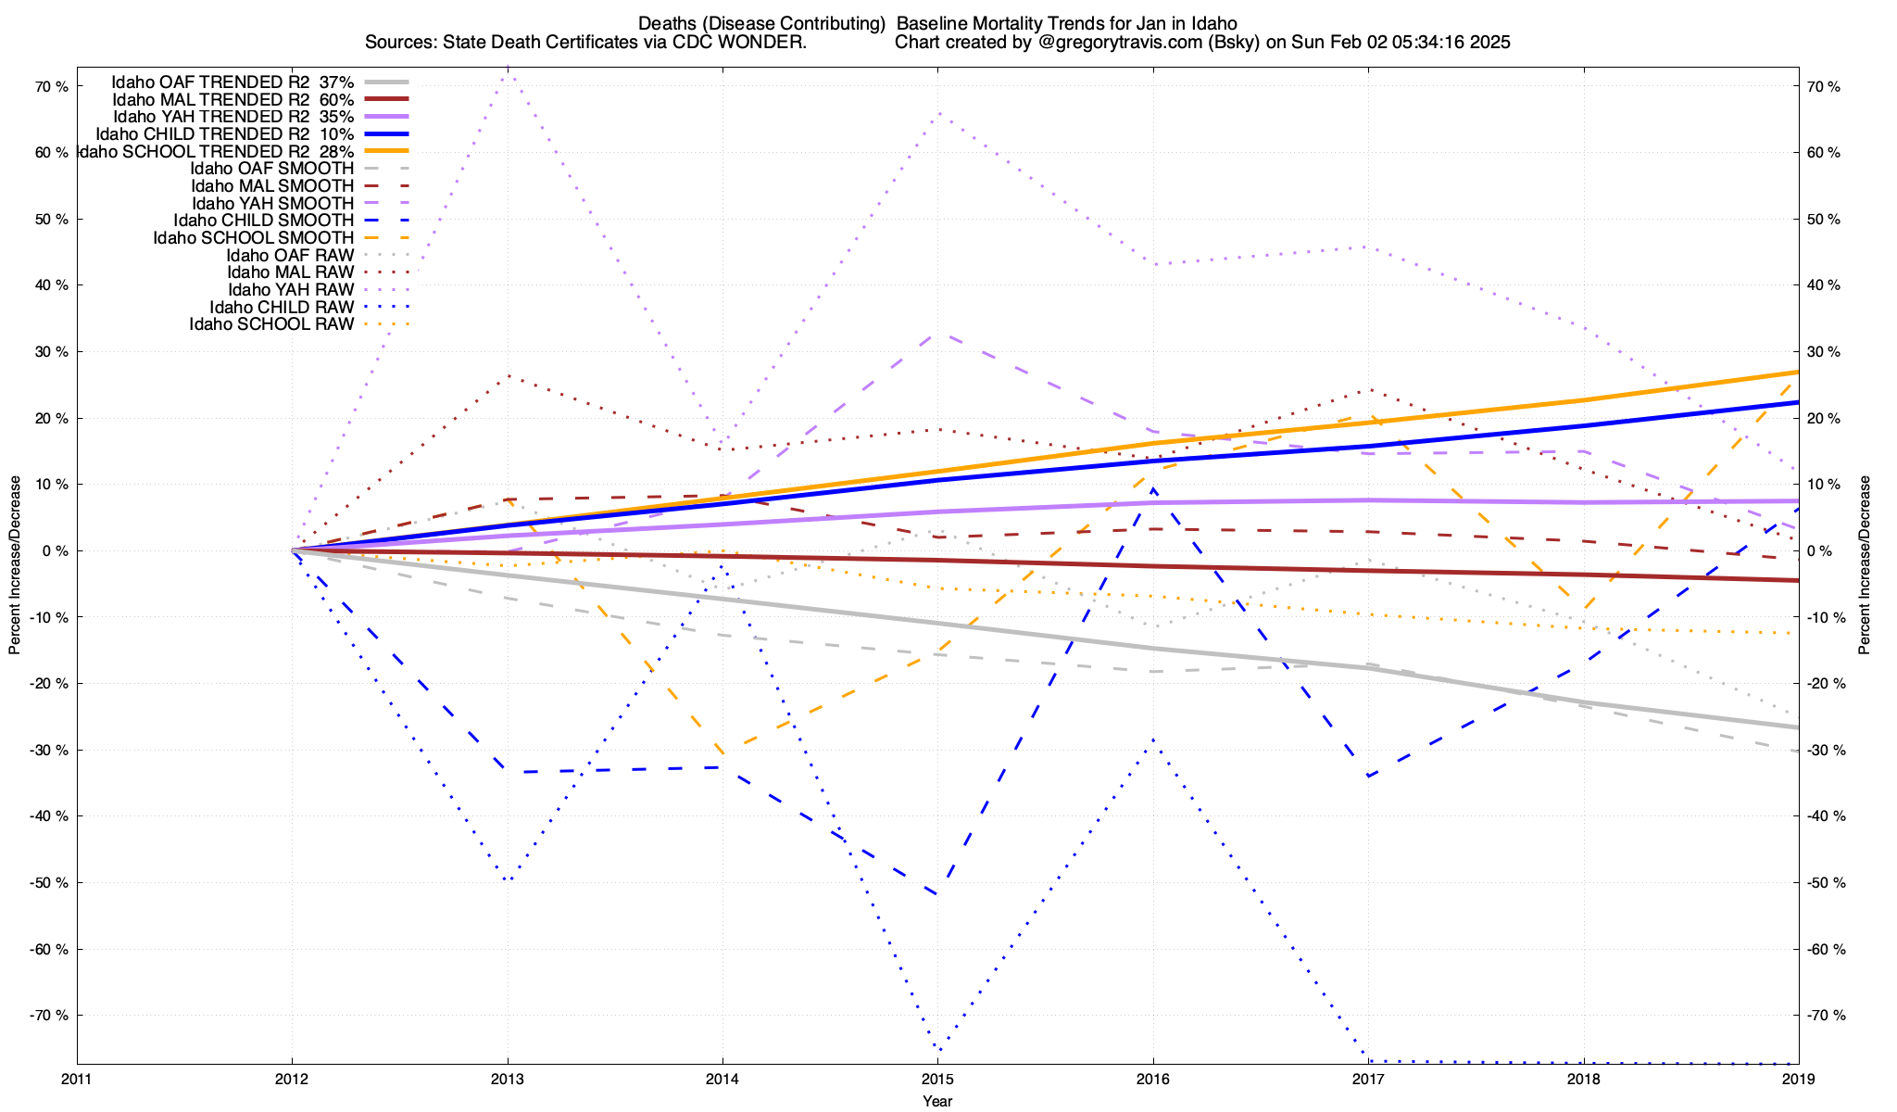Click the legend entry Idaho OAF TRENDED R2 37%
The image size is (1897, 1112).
pyautogui.click(x=232, y=82)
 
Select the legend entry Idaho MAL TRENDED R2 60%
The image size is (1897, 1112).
pyautogui.click(x=232, y=100)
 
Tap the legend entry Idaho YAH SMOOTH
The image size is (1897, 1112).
pyautogui.click(x=272, y=204)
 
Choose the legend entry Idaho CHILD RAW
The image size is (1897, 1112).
pyautogui.click(x=282, y=308)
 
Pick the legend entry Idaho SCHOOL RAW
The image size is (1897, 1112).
pyautogui.click(x=271, y=324)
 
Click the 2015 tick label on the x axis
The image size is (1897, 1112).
pyautogui.click(x=937, y=1080)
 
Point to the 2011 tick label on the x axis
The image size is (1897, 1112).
pyautogui.click(x=77, y=1080)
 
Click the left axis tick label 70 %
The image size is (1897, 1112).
pyautogui.click(x=52, y=87)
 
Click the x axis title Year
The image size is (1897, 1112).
pyautogui.click(x=937, y=1101)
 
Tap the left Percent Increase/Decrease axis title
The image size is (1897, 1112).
pyautogui.click(x=15, y=565)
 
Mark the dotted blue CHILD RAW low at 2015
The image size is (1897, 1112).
pyautogui.click(x=938, y=1051)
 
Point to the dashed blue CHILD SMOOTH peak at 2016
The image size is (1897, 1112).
pyautogui.click(x=1153, y=488)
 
